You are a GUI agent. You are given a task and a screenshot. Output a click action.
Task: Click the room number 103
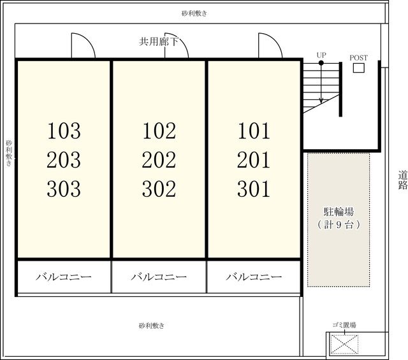coord(64,131)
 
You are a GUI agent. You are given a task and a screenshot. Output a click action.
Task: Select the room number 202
coord(159,159)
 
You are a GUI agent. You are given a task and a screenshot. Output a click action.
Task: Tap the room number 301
coord(254,189)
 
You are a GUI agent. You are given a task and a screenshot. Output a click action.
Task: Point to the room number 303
coord(64,189)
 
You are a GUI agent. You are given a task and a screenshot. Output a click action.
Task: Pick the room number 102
coord(159,131)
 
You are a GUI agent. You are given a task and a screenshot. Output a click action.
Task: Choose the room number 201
coord(254,159)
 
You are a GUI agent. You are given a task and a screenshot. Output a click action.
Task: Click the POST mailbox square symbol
coord(358,68)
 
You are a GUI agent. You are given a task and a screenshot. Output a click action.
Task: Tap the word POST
coord(358,58)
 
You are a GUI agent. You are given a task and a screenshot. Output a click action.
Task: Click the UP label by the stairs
coord(321,55)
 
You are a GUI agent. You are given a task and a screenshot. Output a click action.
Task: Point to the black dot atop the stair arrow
coord(321,63)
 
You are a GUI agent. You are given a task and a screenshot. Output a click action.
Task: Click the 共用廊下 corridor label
coord(159,41)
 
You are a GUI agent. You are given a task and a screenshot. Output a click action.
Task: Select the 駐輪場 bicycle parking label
coord(339,212)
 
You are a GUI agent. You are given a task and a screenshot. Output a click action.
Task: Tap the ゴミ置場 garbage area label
coord(344,325)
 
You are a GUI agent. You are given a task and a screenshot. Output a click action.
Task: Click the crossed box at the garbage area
coord(344,345)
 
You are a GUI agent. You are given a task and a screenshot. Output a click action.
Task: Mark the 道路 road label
coord(402,180)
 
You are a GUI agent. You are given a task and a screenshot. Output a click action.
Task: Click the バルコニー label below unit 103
coord(64,277)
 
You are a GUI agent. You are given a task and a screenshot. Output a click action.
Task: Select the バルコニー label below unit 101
coord(254,277)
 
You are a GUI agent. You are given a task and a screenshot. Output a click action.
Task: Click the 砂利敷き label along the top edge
coord(194,13)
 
